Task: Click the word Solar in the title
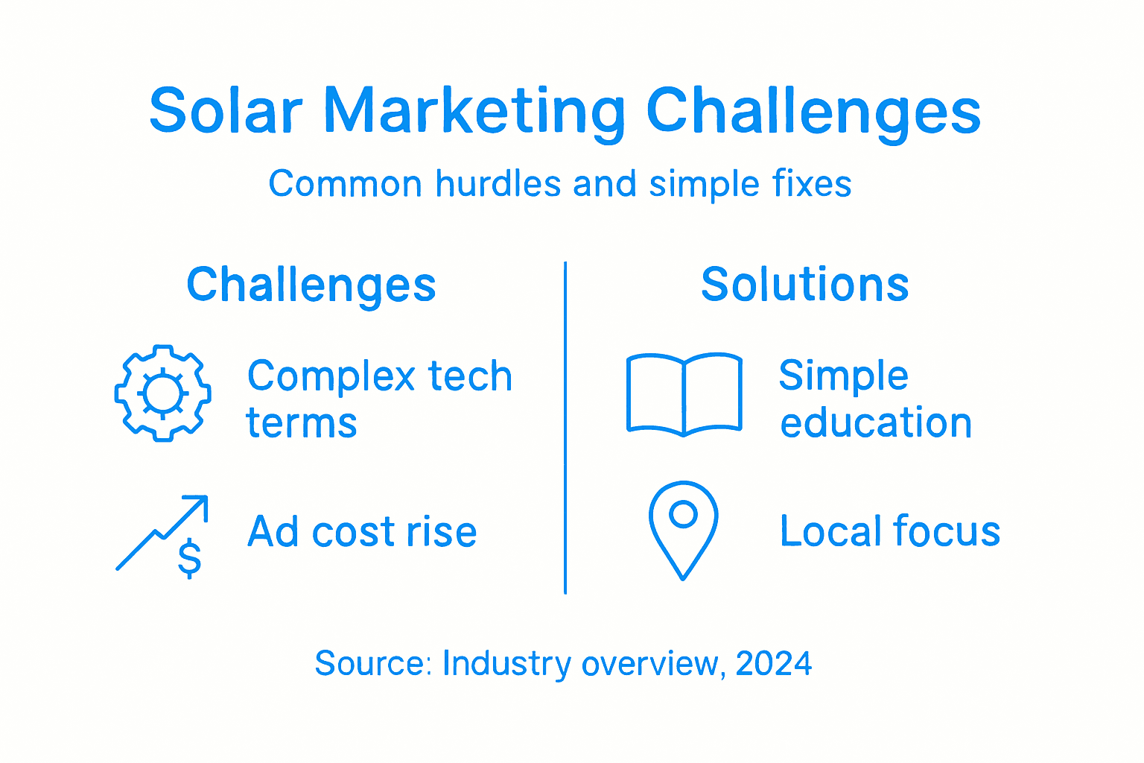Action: pos(226,112)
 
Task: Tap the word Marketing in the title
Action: pos(474,112)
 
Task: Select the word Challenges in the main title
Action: pos(813,112)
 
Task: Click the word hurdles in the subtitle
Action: pos(498,183)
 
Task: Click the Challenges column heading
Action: pos(311,285)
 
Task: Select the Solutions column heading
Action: pos(804,285)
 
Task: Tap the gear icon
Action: pos(162,393)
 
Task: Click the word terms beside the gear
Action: pos(302,423)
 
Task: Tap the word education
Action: pos(876,423)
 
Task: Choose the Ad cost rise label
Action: pos(362,532)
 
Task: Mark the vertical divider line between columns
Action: pos(565,428)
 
